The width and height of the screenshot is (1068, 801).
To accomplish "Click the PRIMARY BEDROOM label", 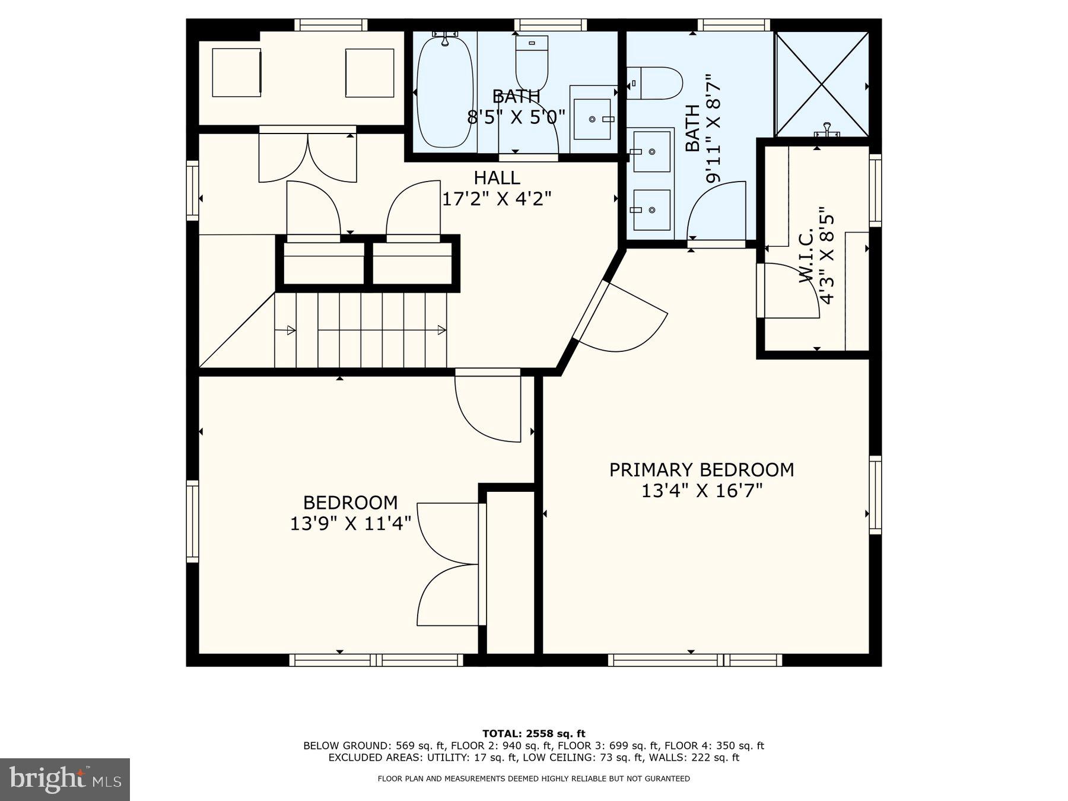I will pyautogui.click(x=701, y=469).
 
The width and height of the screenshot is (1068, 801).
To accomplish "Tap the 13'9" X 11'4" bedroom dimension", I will pyautogui.click(x=350, y=524).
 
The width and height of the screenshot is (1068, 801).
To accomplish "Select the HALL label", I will pyautogui.click(x=497, y=177).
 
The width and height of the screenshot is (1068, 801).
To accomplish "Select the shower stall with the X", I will pyautogui.click(x=822, y=84).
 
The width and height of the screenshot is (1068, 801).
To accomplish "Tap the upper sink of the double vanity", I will pyautogui.click(x=651, y=152).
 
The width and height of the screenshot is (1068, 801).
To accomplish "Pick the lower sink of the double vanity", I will pyautogui.click(x=651, y=209).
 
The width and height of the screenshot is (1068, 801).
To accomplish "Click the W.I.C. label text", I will pyautogui.click(x=808, y=256).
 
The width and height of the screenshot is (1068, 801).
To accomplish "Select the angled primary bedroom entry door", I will pyautogui.click(x=623, y=317).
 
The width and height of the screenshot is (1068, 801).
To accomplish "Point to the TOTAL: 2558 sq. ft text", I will pyautogui.click(x=533, y=734).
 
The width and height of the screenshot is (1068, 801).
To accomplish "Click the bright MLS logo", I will pyautogui.click(x=65, y=779).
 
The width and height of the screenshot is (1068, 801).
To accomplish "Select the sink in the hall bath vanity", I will pyautogui.click(x=592, y=119).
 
